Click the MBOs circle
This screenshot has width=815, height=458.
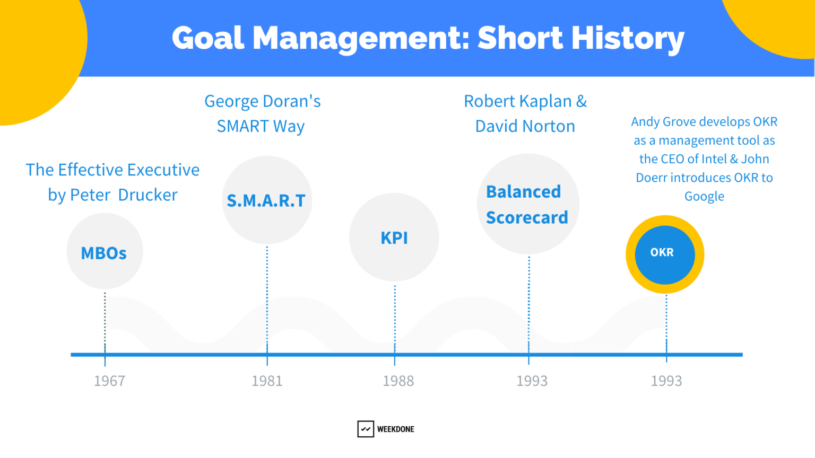(105, 251)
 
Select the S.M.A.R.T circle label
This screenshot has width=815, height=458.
(266, 200)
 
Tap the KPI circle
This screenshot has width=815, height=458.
(394, 237)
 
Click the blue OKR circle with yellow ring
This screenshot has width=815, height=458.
(664, 254)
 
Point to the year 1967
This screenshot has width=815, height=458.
(109, 381)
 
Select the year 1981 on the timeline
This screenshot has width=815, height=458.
(267, 381)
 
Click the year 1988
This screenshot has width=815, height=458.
(398, 381)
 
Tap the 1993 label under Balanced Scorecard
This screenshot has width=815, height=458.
(532, 381)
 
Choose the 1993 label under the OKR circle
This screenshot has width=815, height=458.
(666, 381)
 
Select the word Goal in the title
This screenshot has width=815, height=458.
(208, 38)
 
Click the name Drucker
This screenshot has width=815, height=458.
(148, 195)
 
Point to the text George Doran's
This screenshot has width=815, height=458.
(263, 101)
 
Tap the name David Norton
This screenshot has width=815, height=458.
(525, 126)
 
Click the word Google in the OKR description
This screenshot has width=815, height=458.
(704, 197)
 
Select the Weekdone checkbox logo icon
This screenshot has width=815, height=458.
(366, 429)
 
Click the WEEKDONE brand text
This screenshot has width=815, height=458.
(395, 429)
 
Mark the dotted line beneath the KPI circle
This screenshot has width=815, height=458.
(395, 318)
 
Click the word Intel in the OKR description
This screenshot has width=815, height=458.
(714, 159)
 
